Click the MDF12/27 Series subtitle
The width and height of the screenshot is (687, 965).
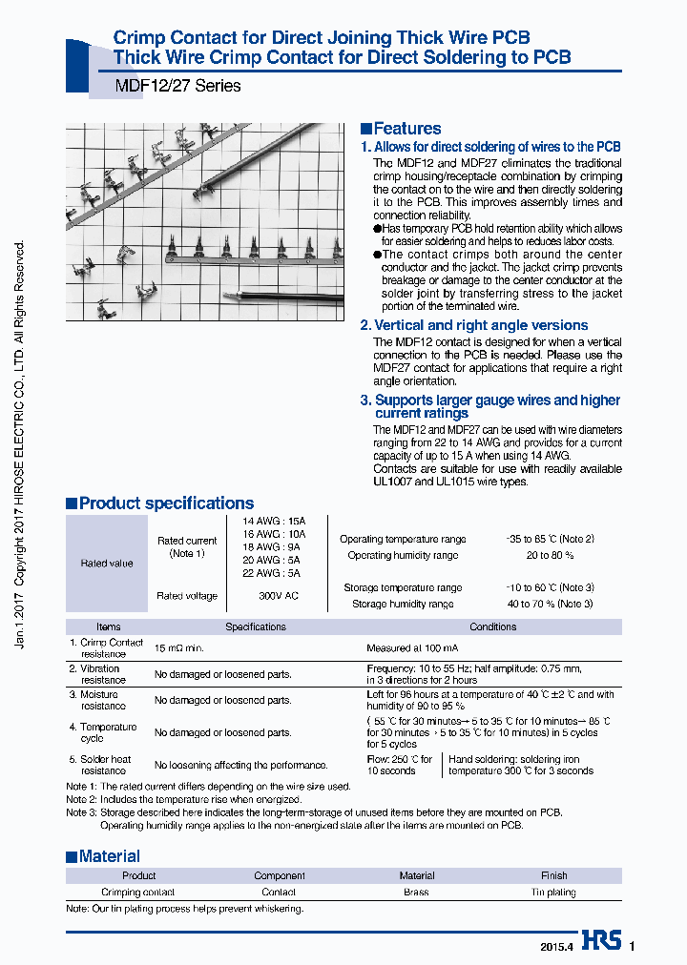[x=177, y=86]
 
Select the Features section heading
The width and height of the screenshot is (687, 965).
[x=406, y=129]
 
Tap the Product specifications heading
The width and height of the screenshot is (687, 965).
[x=166, y=503]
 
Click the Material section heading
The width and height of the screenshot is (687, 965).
[x=109, y=856]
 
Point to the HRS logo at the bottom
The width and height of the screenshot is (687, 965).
[x=601, y=941]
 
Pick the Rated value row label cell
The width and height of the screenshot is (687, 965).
[x=107, y=563]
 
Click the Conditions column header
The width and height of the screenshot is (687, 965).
[x=492, y=626]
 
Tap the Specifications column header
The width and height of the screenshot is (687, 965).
[x=255, y=626]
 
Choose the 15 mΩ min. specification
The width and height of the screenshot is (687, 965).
[x=179, y=648]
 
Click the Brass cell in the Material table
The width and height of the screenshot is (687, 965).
[x=416, y=893]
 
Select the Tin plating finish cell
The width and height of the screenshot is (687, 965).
[x=553, y=893]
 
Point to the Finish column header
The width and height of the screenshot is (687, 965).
[x=553, y=875]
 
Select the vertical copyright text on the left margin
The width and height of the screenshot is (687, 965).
[x=21, y=443]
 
